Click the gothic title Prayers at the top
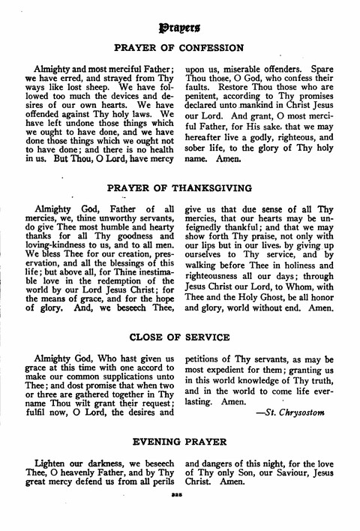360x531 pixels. point(179,28)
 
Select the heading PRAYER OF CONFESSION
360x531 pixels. point(179,49)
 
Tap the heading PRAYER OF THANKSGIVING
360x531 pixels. point(180,187)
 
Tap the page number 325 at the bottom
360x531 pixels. point(179,520)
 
